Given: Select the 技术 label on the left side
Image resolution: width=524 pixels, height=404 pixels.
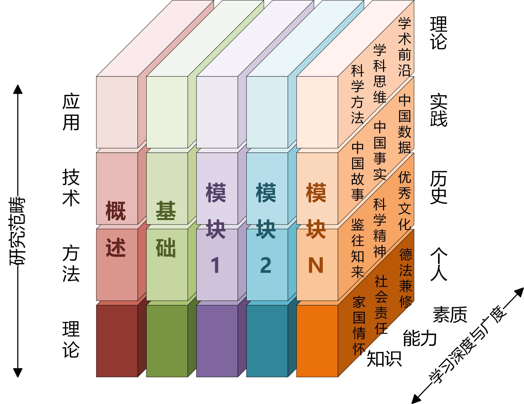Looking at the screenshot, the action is (x=71, y=187).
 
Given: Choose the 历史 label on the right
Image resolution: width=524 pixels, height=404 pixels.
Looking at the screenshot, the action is (x=439, y=187).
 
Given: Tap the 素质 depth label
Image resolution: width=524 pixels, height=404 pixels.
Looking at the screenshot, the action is (x=450, y=315).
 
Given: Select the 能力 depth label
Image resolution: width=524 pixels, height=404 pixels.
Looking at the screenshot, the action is (x=419, y=338).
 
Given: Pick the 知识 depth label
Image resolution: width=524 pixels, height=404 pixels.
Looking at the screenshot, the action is (x=384, y=359).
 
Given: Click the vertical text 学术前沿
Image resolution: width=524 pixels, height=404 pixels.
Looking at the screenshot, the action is (x=405, y=47).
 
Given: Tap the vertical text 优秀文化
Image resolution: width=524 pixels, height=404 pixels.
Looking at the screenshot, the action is (x=405, y=201).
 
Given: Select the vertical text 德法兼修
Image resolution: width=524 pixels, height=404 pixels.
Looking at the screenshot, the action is (x=406, y=278).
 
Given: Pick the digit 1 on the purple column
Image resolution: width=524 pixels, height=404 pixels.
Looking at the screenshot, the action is (x=215, y=265).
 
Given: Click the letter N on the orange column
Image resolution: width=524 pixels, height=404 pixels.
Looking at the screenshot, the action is (x=316, y=265).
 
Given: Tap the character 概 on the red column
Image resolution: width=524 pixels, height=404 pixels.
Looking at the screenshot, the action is (x=116, y=211).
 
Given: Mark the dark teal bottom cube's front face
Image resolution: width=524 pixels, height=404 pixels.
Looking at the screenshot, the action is (x=267, y=341).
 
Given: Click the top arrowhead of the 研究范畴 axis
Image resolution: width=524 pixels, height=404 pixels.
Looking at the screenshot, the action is (x=18, y=89).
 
